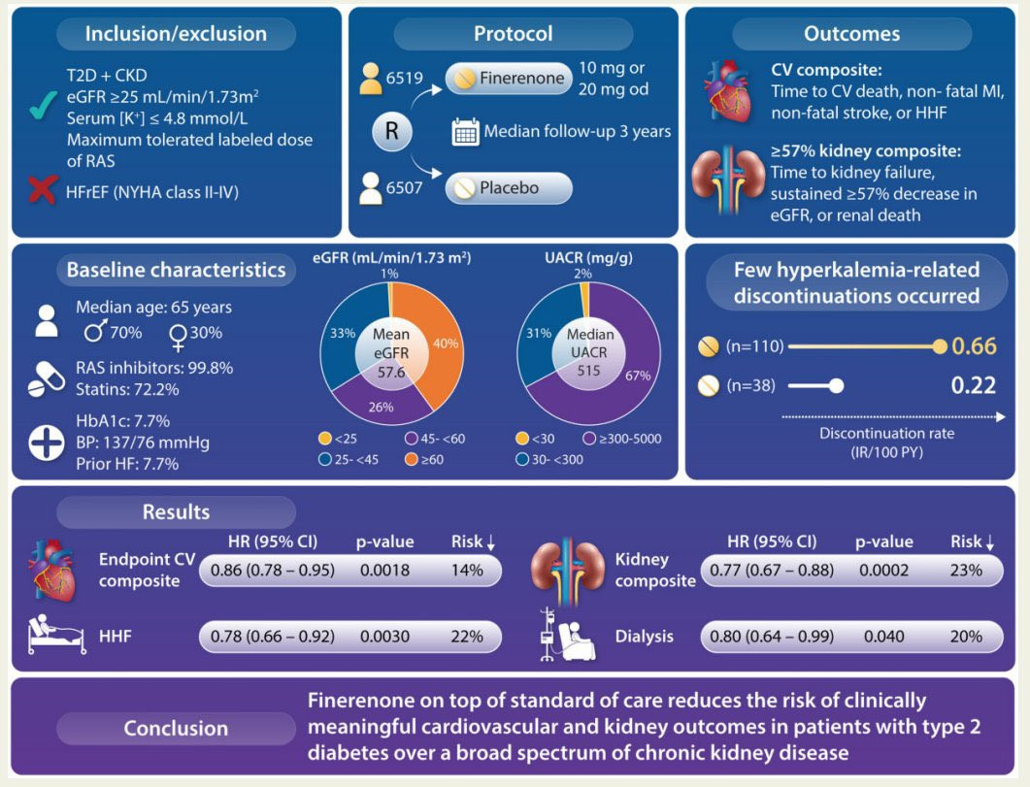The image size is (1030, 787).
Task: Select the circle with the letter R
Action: click(392, 131)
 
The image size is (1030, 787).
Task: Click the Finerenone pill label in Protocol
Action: click(509, 78)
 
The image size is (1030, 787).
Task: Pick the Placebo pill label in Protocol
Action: click(509, 187)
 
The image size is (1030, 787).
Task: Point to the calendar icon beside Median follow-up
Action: click(465, 131)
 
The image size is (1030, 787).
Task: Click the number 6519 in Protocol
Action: click(405, 78)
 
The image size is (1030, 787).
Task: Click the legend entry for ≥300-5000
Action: click(622, 439)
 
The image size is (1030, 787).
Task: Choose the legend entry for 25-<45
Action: click(349, 459)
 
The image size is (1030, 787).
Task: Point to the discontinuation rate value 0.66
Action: click(974, 345)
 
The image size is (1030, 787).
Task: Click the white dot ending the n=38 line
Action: click(836, 386)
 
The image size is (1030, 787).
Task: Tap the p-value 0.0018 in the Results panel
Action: click(385, 570)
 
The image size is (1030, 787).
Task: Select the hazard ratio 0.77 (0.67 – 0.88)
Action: click(771, 570)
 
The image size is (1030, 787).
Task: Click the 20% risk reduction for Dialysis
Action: click(966, 636)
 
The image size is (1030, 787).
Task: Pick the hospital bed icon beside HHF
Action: click(56, 635)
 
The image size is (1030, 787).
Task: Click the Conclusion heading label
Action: click(176, 728)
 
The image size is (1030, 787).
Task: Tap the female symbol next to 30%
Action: click(178, 337)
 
